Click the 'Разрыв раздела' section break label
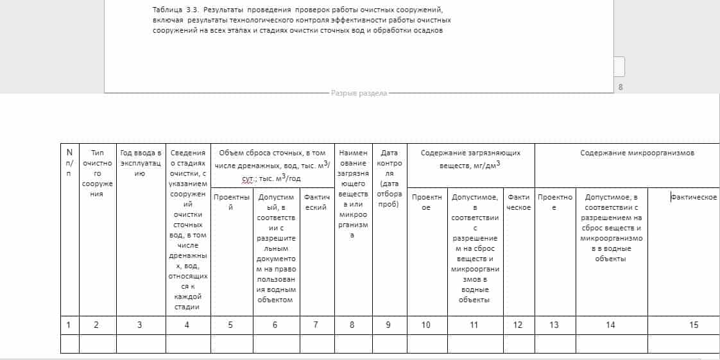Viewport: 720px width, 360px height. pos(359,93)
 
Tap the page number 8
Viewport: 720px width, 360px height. pos(620,87)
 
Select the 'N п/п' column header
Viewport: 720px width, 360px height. pos(69,163)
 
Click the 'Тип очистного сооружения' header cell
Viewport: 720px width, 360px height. pos(98,173)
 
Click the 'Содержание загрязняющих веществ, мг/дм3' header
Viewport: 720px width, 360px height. pos(470,159)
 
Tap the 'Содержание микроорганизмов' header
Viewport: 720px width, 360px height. pos(628,153)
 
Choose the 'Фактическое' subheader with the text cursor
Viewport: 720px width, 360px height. pos(694,197)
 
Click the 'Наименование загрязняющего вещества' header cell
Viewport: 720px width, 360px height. pos(353,193)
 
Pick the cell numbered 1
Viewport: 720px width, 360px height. pos(69,325)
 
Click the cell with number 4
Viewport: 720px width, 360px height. pos(187,325)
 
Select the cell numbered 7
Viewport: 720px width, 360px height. pos(316,325)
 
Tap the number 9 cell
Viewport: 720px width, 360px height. pos(389,325)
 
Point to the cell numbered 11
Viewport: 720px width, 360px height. pos(474,325)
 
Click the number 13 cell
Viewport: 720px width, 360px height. pos(554,325)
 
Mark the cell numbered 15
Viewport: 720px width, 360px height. pos(694,325)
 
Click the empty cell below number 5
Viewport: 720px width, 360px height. pos(231,344)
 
